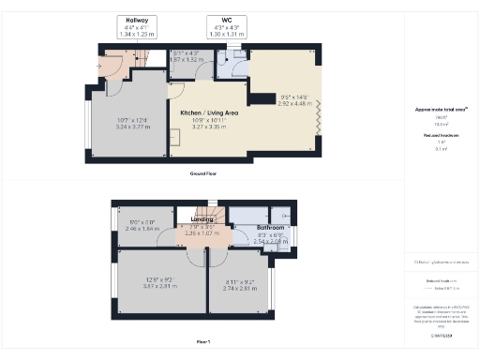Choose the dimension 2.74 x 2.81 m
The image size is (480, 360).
240,284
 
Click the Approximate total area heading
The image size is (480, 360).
441,110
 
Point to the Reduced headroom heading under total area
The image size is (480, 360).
441,135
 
